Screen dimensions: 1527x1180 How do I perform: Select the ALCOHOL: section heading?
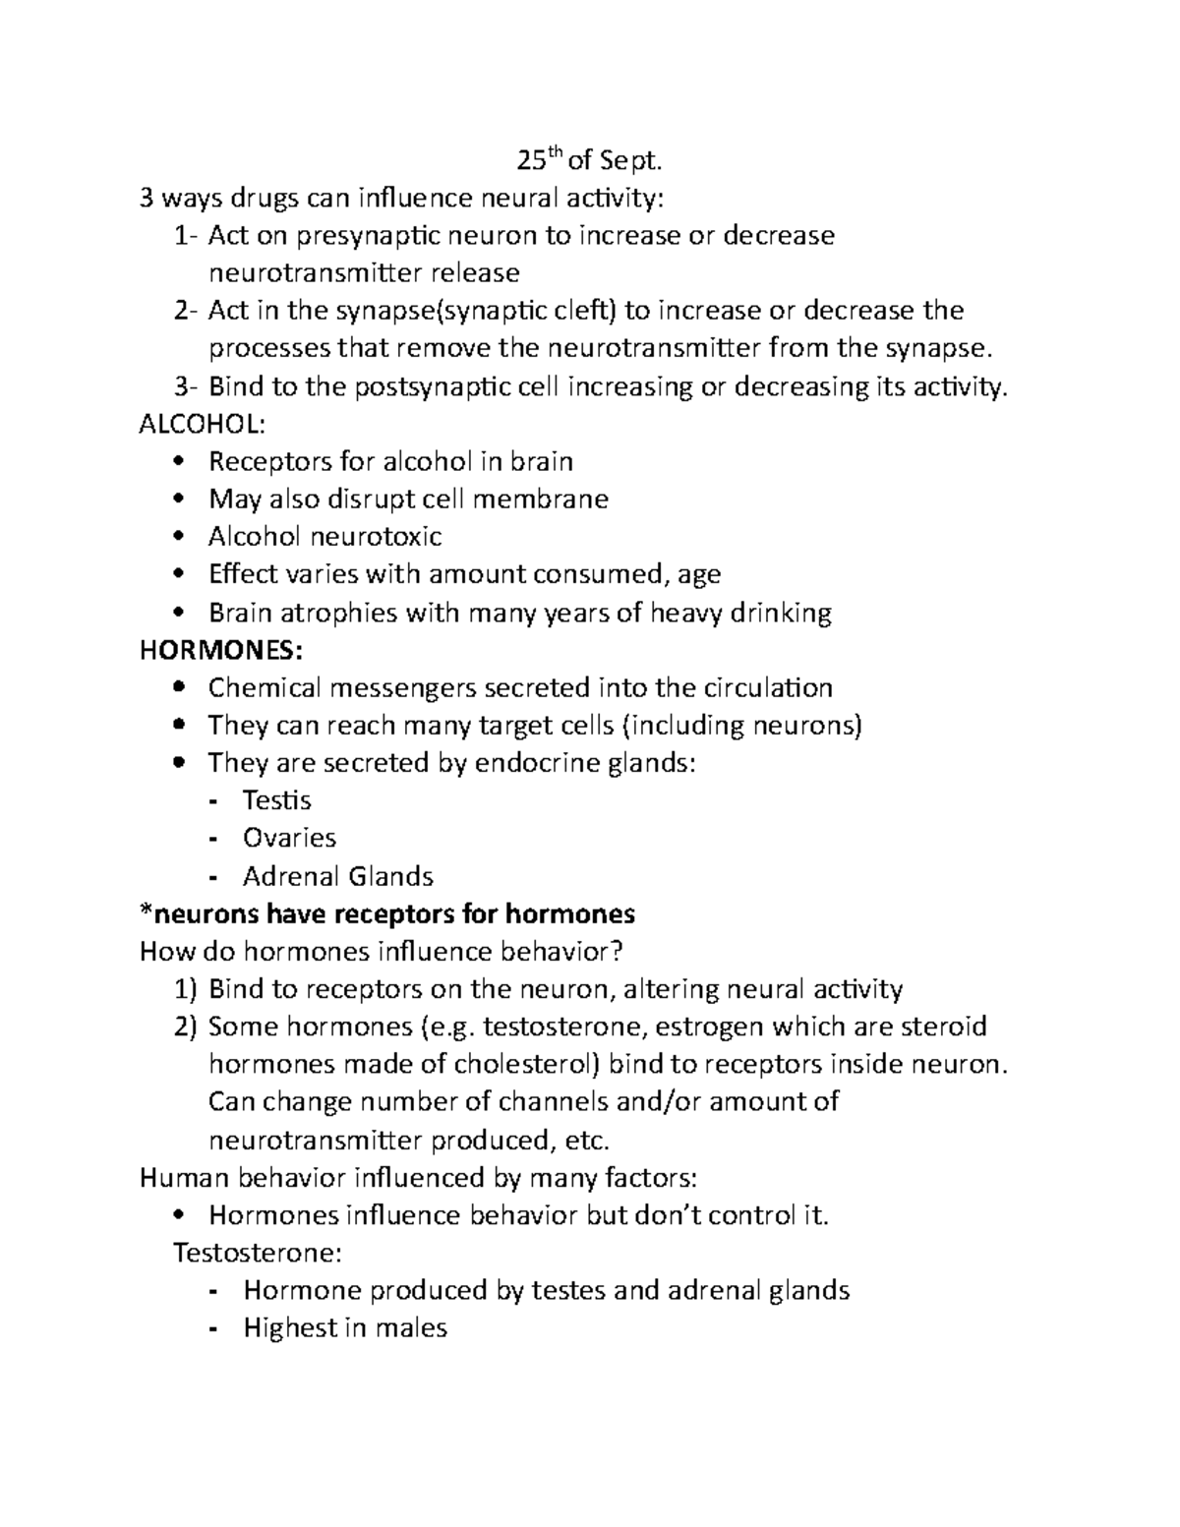[x=203, y=424]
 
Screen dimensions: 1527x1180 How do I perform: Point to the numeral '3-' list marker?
[x=186, y=387]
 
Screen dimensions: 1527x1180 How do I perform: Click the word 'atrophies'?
[x=340, y=613]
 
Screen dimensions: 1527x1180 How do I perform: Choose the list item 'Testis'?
[x=277, y=800]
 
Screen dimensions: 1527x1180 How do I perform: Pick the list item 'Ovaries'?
[x=289, y=838]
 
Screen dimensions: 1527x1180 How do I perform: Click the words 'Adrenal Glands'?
[x=338, y=876]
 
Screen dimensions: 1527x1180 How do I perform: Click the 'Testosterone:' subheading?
[x=258, y=1254]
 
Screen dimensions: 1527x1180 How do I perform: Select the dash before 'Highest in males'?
[x=214, y=1329]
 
